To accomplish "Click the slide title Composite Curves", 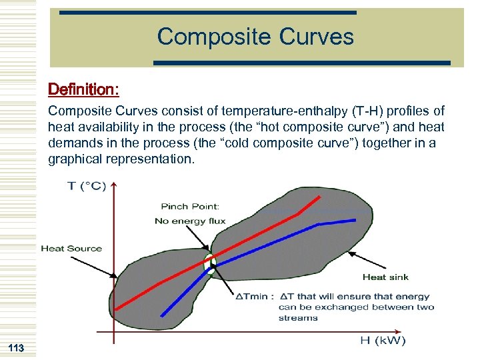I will (x=255, y=37).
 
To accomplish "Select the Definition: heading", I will (x=83, y=89).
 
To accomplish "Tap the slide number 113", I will (x=16, y=348).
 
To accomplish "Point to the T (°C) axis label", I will (x=87, y=186).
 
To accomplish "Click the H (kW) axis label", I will (x=383, y=341).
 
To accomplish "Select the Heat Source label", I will (x=71, y=249).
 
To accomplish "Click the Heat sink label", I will (x=385, y=277).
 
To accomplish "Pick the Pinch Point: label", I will (x=190, y=207).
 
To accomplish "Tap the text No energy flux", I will (x=190, y=221).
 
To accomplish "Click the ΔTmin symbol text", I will (x=253, y=297).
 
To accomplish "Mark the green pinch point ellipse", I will (x=209, y=263).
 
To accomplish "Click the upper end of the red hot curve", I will (x=327, y=196).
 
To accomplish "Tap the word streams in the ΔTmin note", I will (x=298, y=318).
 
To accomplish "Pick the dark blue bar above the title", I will (x=208, y=13).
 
